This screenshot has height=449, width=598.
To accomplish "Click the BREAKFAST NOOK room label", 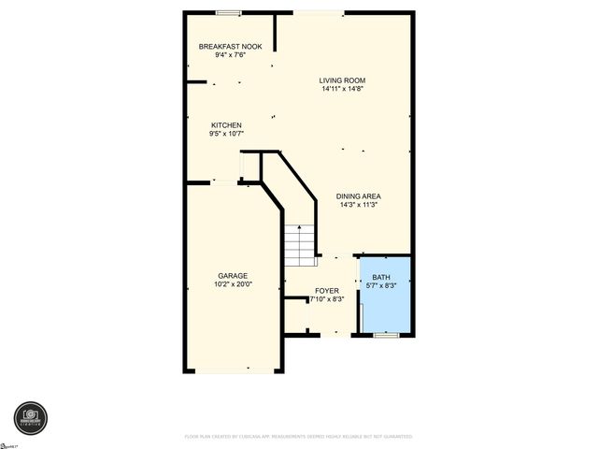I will coord(230,46).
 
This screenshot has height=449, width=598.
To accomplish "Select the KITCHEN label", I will coord(226,125).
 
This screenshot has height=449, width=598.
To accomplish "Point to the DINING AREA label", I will coord(359,196).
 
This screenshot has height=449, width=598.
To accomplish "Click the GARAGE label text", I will coord(233,276).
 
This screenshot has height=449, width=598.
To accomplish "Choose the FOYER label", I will coord(327,291).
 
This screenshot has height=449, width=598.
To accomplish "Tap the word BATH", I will coord(382,278).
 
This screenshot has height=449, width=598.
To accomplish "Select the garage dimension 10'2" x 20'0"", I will coord(233,284).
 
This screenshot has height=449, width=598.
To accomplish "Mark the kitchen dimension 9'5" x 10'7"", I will coord(226,134).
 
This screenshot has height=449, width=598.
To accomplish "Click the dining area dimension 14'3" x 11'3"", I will coord(359,205).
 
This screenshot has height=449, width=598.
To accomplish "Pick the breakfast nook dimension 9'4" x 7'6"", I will coord(230,54).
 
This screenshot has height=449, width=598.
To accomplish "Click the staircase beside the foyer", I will coord(297,246).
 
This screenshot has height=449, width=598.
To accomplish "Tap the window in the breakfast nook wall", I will coord(229,13).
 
